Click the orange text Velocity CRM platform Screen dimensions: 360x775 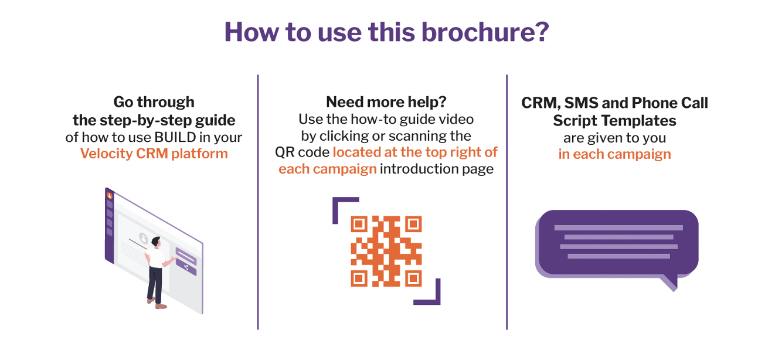click(154, 154)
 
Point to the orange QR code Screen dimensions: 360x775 click(386, 251)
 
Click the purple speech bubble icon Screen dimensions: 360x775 click(617, 243)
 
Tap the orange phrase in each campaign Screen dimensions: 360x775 click(614, 155)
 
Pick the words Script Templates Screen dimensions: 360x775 click(614, 121)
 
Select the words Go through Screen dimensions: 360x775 click(154, 102)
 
